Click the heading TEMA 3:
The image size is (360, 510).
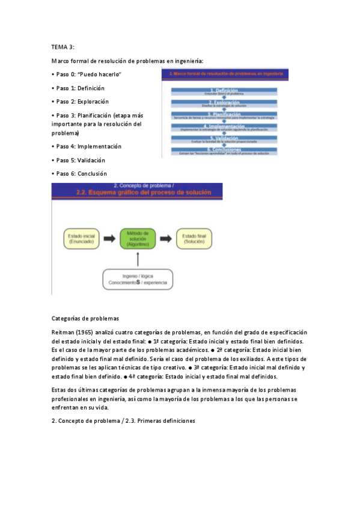[63, 46]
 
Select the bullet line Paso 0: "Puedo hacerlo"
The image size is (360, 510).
[87, 74]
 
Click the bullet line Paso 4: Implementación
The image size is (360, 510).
[87, 146]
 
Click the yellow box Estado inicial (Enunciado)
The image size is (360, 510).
[84, 238]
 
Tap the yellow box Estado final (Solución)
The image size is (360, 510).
[194, 238]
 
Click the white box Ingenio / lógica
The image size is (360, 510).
[137, 279]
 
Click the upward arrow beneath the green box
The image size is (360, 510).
[138, 259]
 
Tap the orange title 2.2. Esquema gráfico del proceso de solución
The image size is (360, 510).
[138, 193]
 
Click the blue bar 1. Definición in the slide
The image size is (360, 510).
[224, 90]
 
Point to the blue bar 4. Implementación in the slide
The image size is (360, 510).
[224, 126]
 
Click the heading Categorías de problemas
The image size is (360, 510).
[85, 318]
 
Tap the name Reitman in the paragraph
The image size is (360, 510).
[63, 333]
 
